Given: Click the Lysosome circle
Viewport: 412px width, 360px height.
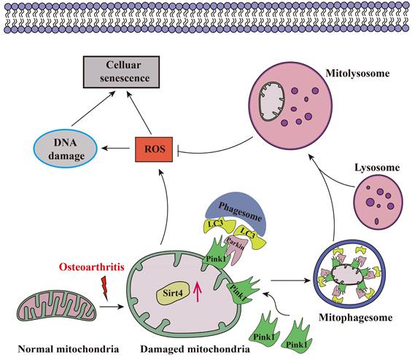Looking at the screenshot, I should (x=376, y=201).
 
